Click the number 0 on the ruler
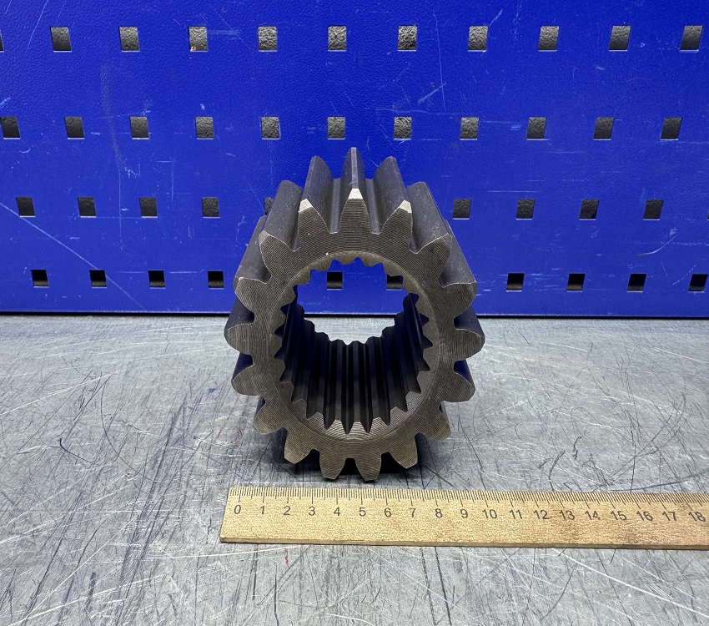click(238, 510)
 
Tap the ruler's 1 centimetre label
click(262, 510)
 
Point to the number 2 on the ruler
click(287, 511)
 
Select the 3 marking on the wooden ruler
click(312, 511)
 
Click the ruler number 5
click(362, 512)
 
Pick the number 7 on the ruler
click(413, 512)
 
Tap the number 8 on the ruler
click(439, 513)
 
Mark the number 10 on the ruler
click(490, 514)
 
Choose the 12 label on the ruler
click(541, 514)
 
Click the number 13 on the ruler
click(567, 515)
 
